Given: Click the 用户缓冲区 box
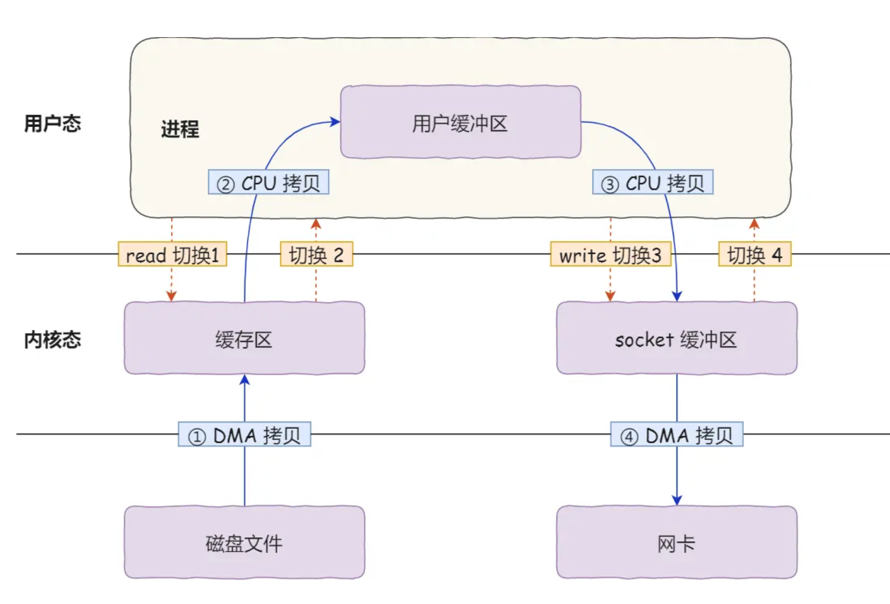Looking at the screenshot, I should click(x=460, y=122).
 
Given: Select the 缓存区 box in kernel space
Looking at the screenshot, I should click(x=244, y=339).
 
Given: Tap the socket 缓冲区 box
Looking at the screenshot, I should click(x=677, y=339).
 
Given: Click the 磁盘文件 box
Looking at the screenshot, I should click(x=244, y=542).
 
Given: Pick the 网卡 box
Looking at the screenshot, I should click(x=677, y=542).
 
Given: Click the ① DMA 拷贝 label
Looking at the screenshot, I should click(x=244, y=435).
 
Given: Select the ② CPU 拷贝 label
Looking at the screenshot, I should click(x=268, y=182).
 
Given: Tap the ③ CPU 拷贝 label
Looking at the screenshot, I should click(x=652, y=182).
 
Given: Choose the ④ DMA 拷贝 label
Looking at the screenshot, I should click(x=677, y=435).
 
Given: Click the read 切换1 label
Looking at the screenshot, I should click(x=172, y=254).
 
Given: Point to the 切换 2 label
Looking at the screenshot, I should click(x=316, y=254).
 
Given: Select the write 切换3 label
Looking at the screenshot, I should click(x=610, y=254).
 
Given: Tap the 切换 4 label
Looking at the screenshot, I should click(x=755, y=254).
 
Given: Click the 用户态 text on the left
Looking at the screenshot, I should click(x=52, y=123).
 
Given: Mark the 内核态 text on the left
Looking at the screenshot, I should click(x=52, y=340).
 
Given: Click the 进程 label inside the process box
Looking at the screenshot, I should click(x=180, y=129).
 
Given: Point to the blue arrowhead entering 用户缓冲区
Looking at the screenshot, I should click(x=335, y=122).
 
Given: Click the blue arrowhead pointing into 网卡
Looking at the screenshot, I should click(x=677, y=500).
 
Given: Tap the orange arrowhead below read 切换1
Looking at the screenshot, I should click(x=171, y=296).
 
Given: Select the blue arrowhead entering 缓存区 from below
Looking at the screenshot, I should click(x=245, y=380).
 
